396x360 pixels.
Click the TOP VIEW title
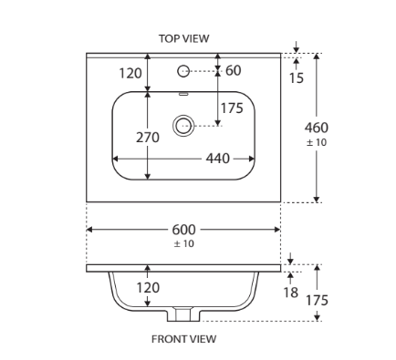pos(184,38)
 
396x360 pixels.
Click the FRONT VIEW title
pos(184,339)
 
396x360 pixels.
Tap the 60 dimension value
pos(234,70)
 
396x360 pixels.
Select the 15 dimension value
pos(297,78)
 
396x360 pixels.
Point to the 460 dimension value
pos(317,128)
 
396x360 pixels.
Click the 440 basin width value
pos(218,159)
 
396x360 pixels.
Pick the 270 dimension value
pos(148,138)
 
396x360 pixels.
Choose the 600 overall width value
pos(183,230)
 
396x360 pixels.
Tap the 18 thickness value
pos(291,293)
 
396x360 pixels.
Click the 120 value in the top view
pos(130,74)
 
